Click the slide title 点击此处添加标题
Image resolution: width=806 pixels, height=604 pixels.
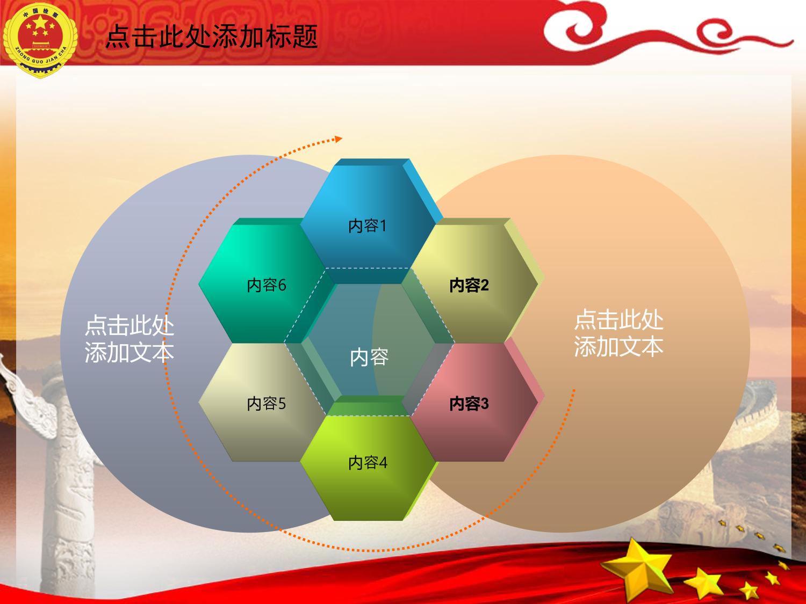(x=212, y=37)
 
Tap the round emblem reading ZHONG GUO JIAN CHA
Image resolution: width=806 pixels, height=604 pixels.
(x=40, y=40)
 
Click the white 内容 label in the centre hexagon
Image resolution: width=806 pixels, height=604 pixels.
(x=369, y=357)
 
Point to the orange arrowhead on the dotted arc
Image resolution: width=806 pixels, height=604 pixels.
(x=338, y=139)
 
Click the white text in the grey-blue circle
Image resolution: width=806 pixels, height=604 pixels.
(x=129, y=339)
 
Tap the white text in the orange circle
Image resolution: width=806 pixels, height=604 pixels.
(x=618, y=333)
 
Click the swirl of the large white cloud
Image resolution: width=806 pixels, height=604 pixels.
(x=580, y=30)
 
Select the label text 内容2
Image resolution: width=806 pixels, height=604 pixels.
(x=469, y=285)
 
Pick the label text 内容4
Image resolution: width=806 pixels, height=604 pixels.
(x=368, y=463)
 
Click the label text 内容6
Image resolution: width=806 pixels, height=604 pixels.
(x=266, y=285)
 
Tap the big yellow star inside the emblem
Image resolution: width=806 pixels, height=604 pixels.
(x=40, y=23)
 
